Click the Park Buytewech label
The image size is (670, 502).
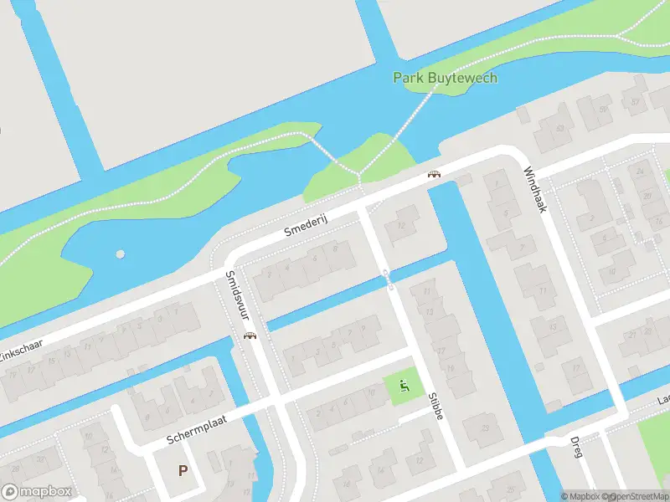446,78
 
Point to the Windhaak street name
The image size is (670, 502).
534,190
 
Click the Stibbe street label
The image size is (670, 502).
435,406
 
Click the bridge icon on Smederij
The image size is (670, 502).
434,174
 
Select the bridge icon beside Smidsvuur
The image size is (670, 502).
249,336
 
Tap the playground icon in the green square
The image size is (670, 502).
404,386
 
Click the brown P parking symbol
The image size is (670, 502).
183,470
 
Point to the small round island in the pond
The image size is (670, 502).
121,254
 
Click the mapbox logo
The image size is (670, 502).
37,492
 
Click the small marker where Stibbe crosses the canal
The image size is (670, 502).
388,277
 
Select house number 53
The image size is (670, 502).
560,129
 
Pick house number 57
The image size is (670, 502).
635,103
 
